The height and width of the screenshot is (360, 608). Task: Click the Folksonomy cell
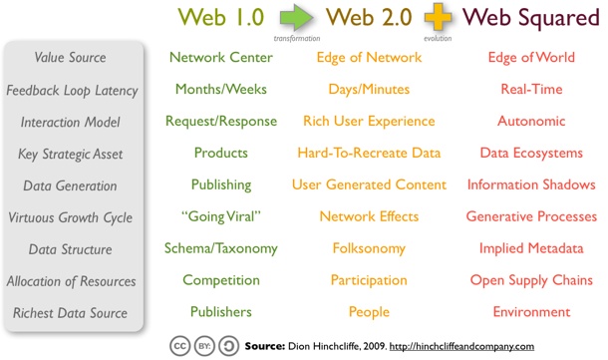tap(369, 248)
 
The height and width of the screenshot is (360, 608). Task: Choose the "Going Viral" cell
tap(221, 216)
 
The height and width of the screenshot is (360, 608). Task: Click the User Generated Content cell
tap(369, 185)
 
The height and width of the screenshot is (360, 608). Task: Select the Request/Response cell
tap(221, 122)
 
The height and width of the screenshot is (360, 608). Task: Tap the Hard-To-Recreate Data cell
tap(369, 154)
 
